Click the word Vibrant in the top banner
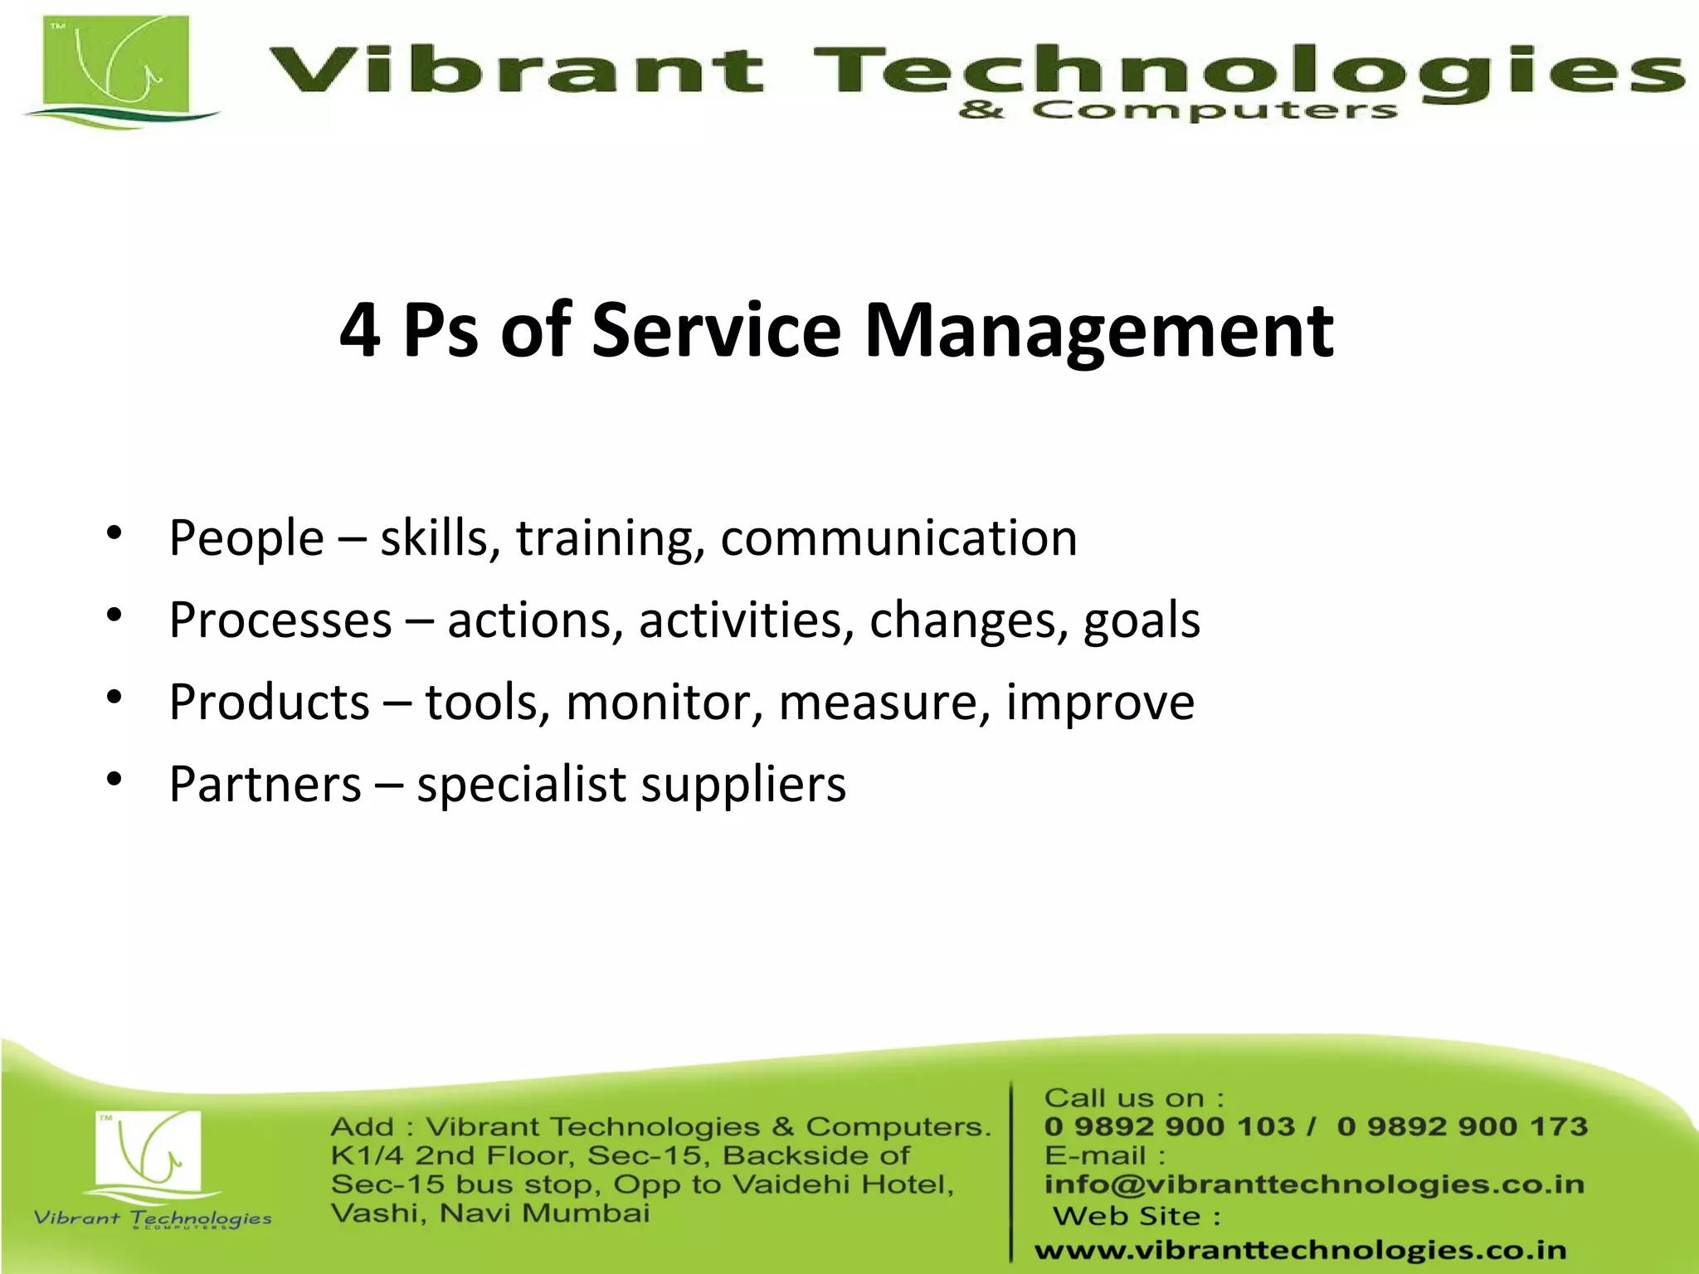point(514,70)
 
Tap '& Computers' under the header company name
point(1178,110)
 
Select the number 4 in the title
point(360,331)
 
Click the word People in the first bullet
point(246,539)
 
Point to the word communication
point(898,538)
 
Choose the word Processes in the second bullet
point(280,620)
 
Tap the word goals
point(1142,621)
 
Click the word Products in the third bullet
point(269,703)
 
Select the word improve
point(1100,703)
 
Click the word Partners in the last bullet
point(265,785)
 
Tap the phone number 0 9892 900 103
point(1169,1126)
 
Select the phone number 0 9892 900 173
point(1462,1126)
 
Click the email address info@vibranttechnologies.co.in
point(1314,1184)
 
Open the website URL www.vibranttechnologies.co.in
point(1300,1250)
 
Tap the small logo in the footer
point(149,1157)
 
